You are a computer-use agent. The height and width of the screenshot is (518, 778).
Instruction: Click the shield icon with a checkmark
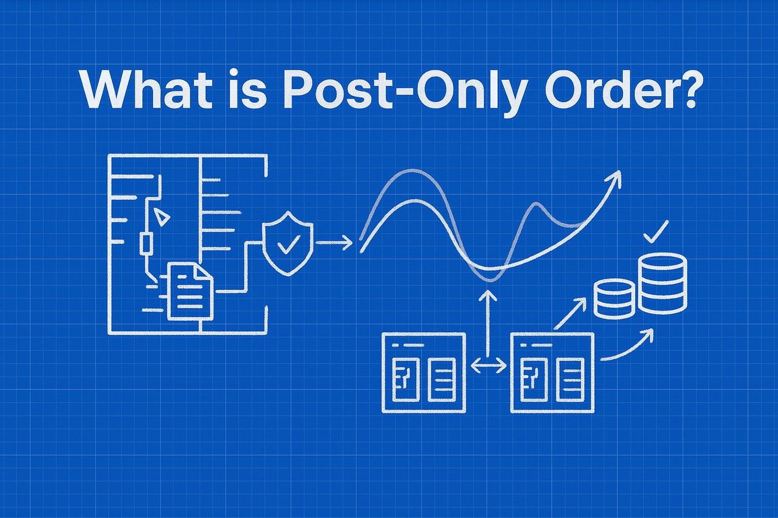tap(288, 243)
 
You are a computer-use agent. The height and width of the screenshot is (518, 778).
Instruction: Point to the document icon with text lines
tap(189, 291)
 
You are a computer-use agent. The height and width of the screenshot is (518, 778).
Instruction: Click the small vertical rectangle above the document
tap(146, 244)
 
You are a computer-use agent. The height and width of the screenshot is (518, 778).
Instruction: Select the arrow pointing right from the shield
tap(334, 243)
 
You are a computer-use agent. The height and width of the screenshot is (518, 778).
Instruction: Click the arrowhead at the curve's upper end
tap(615, 177)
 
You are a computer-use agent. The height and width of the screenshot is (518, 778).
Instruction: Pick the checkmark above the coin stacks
tap(655, 232)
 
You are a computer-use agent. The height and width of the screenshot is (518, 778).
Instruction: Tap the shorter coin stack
tap(614, 298)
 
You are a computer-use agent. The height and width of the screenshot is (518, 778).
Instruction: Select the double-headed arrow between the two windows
tap(488, 365)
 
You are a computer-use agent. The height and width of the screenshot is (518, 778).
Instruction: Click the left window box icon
tap(423, 372)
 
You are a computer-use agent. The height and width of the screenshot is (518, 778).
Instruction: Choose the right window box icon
tap(552, 372)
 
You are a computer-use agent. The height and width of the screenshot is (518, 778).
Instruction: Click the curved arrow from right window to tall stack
tap(628, 347)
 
